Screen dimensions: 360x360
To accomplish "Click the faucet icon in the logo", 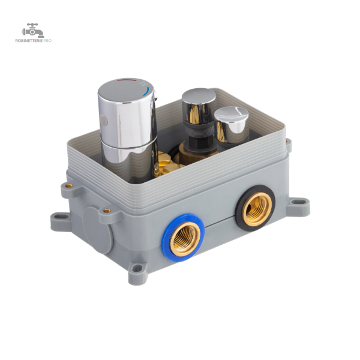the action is [x=33, y=31].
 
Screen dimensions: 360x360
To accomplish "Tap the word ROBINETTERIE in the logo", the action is [x=29, y=41].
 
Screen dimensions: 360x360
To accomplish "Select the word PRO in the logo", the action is [x=47, y=41].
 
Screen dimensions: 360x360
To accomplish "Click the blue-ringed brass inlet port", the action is [x=183, y=238].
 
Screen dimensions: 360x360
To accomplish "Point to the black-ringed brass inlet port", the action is [x=255, y=208].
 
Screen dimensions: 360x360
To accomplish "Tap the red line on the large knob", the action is [x=126, y=80].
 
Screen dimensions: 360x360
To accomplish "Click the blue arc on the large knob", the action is [x=146, y=91].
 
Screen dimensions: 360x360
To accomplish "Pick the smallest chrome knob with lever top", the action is [x=232, y=128].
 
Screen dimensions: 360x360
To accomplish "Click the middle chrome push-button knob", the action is [x=199, y=108].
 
